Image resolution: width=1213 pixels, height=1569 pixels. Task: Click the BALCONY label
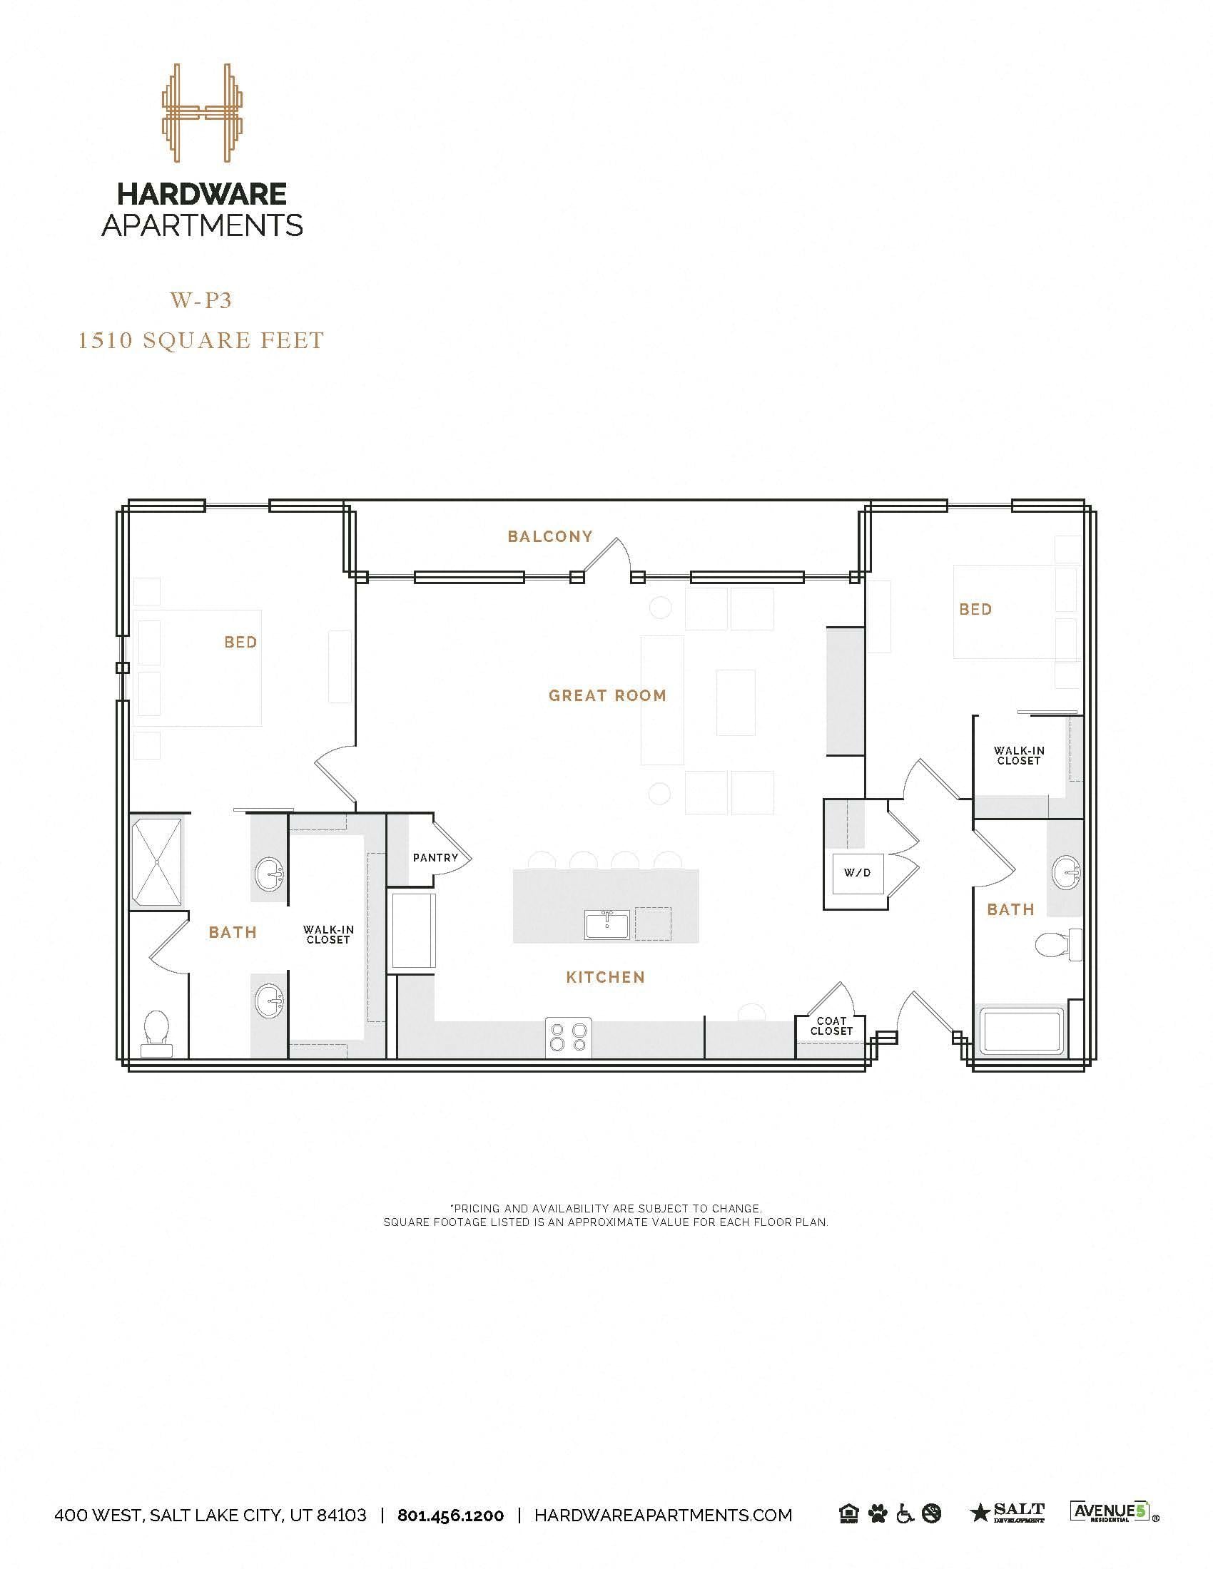point(549,536)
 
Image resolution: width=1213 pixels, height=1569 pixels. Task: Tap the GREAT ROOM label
point(607,695)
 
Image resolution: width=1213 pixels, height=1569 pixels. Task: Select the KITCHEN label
point(605,977)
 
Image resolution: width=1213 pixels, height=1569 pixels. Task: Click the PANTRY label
point(435,858)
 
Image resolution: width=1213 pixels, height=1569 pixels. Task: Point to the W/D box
point(856,873)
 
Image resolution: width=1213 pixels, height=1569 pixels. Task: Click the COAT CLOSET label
point(831,1026)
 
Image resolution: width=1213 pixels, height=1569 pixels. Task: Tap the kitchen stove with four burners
point(569,1038)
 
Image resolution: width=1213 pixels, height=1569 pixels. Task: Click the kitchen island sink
point(606,924)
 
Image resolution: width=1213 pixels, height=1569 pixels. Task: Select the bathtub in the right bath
point(1022,1033)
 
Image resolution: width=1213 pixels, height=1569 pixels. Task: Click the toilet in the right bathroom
point(1057,944)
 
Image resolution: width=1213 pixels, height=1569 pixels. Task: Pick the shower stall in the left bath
point(156,862)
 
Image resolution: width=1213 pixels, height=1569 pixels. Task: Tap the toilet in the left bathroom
point(156,1033)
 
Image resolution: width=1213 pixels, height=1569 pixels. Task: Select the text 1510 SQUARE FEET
point(201,339)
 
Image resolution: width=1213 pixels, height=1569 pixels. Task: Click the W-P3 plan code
point(201,300)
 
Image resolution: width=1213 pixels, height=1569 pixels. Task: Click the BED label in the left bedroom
point(240,643)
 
